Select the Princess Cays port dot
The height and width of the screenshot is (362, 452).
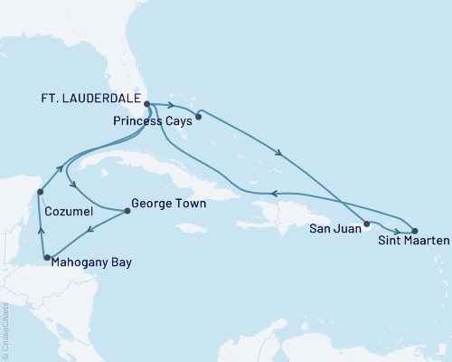pos(198,115)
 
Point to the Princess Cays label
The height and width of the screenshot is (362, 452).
pos(153,119)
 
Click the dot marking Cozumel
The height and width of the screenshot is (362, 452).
pos(40,191)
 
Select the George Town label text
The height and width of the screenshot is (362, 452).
pos(168,205)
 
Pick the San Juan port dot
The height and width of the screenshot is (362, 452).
pos(366,224)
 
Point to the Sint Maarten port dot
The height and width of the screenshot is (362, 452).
pos(415,231)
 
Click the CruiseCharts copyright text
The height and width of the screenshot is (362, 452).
pos(5,330)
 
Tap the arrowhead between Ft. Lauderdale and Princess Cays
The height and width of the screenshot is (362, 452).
pos(171,105)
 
